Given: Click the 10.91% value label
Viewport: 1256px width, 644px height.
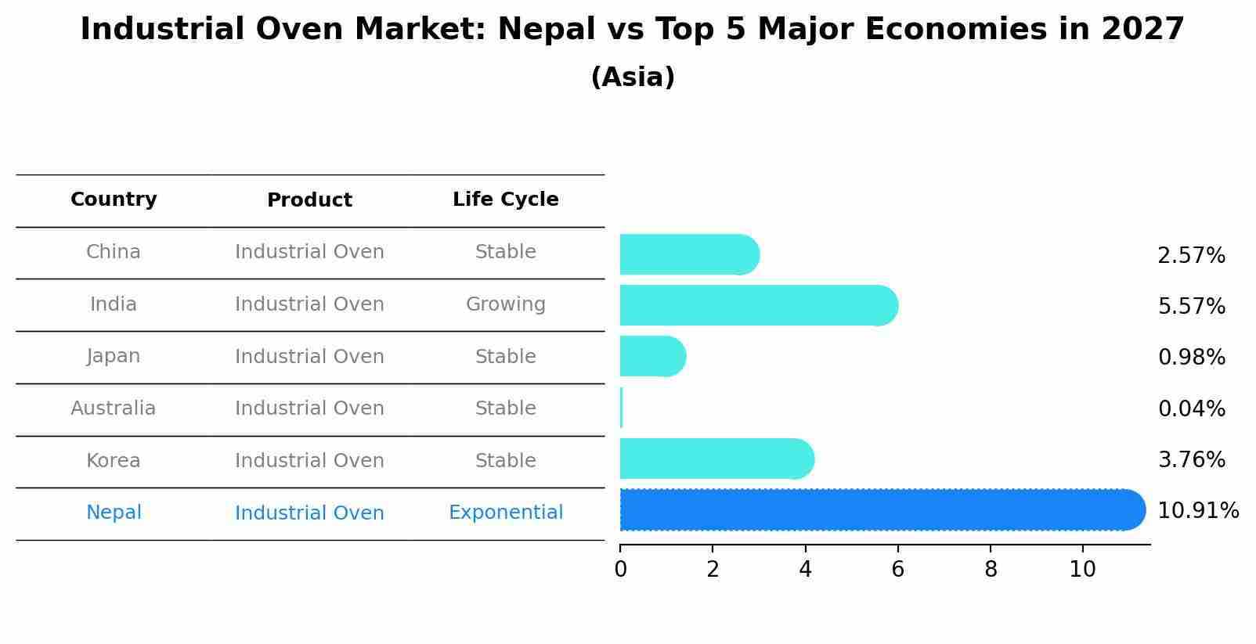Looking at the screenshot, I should (1197, 511).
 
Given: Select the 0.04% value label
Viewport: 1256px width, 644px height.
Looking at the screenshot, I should (1191, 408).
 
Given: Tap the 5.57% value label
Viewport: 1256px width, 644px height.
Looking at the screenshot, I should (1191, 306).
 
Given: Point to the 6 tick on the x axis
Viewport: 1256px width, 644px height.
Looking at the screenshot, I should (898, 570).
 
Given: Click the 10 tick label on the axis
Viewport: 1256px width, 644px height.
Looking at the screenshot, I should (1083, 570).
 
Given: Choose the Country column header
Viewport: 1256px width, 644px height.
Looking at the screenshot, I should (114, 200).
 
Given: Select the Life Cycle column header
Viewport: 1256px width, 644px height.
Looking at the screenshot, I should (506, 200).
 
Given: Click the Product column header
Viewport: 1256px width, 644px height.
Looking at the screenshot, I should (309, 200).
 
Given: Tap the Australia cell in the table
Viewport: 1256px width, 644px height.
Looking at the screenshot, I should (114, 408).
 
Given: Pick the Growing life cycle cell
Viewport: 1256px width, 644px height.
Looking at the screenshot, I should (506, 304).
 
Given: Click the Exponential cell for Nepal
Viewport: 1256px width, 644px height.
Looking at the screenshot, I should (506, 513).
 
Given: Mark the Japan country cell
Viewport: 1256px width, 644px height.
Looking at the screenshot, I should (114, 356).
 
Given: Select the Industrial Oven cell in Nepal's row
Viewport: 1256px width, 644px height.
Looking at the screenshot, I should (309, 513).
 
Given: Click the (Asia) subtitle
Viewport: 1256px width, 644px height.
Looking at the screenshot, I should (633, 77).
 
